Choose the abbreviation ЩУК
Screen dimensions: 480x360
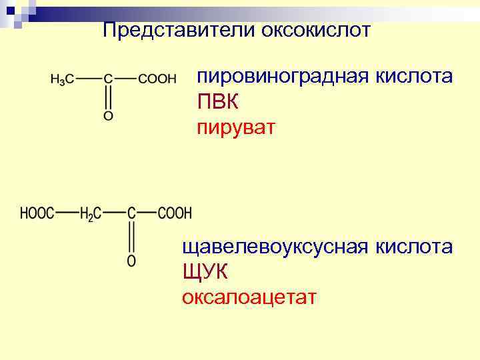(x=205, y=272)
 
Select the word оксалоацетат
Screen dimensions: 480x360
(x=249, y=297)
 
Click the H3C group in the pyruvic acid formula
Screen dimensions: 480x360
(x=62, y=79)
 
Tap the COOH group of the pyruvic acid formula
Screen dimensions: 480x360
(x=157, y=79)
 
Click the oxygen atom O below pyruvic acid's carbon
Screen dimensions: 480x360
(x=108, y=116)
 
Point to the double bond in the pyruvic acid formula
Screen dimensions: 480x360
(x=108, y=97)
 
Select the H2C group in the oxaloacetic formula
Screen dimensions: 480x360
(x=90, y=214)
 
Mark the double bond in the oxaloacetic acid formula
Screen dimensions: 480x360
(x=131, y=237)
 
